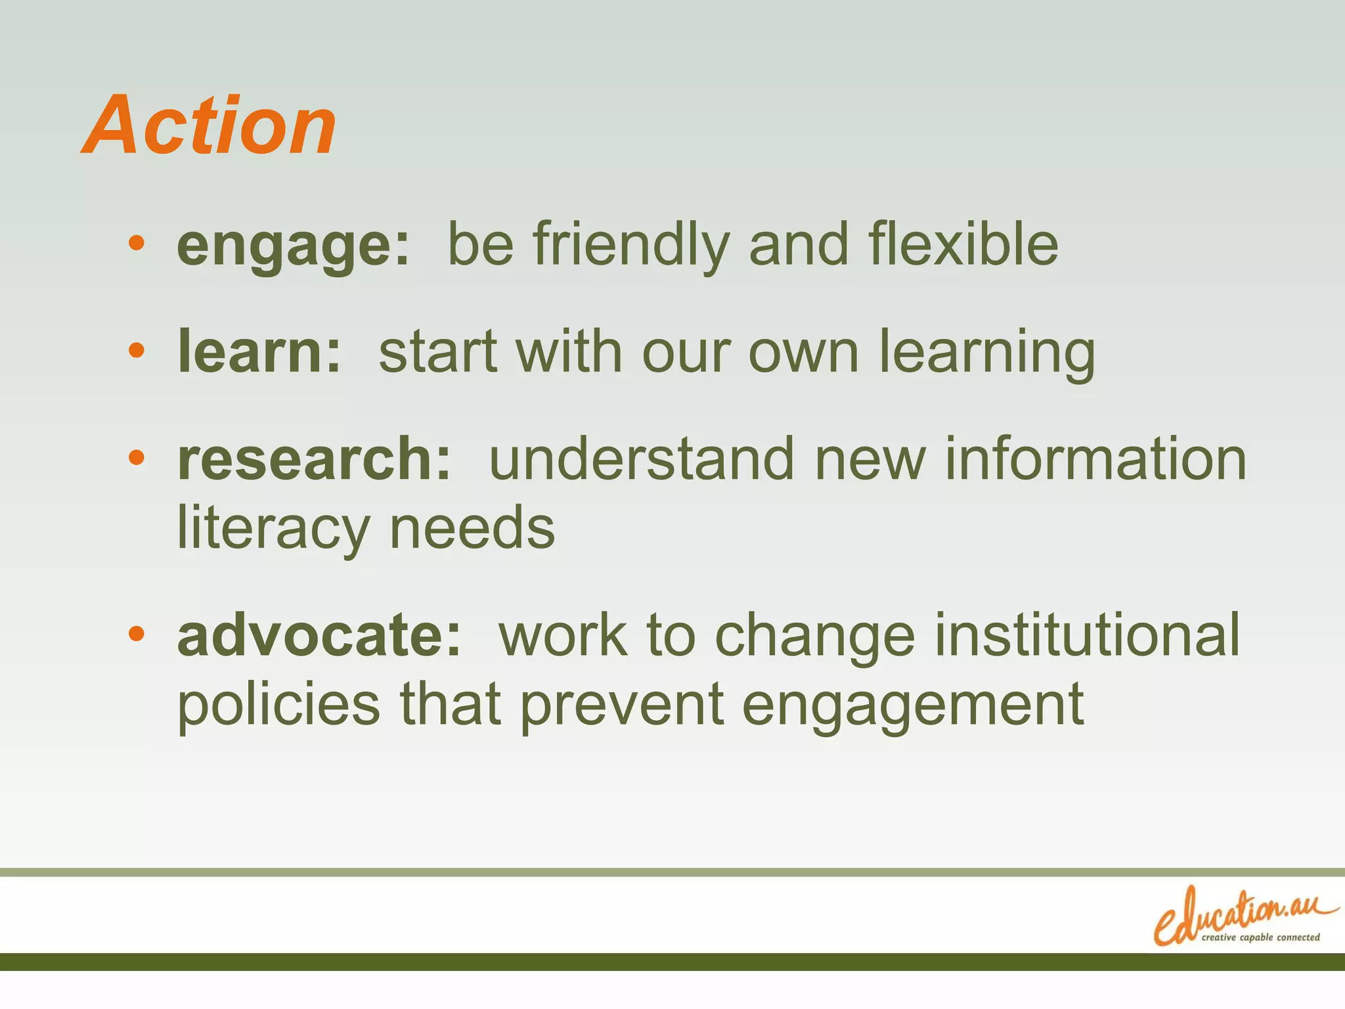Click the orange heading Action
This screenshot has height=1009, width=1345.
coord(209,125)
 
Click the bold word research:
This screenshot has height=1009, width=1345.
coord(314,459)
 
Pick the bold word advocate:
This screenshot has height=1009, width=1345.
coord(319,635)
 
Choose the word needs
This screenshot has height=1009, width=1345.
coord(472,528)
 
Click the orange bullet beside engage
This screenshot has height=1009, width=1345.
coord(137,244)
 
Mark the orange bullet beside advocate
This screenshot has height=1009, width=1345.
coord(137,634)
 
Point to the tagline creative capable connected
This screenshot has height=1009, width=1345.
coord(1260,937)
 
